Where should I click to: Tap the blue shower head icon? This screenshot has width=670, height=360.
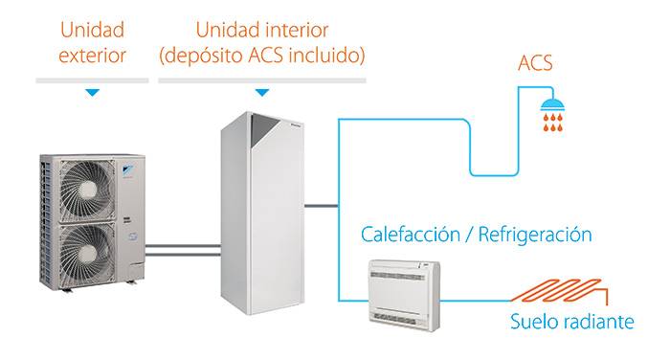click(552, 103)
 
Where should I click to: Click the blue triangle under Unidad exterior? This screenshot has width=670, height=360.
click(92, 93)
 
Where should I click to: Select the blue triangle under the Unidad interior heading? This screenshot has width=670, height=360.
click(261, 93)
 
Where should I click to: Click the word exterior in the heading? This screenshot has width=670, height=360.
click(92, 56)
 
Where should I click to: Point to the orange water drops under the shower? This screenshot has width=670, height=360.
click(552, 123)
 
